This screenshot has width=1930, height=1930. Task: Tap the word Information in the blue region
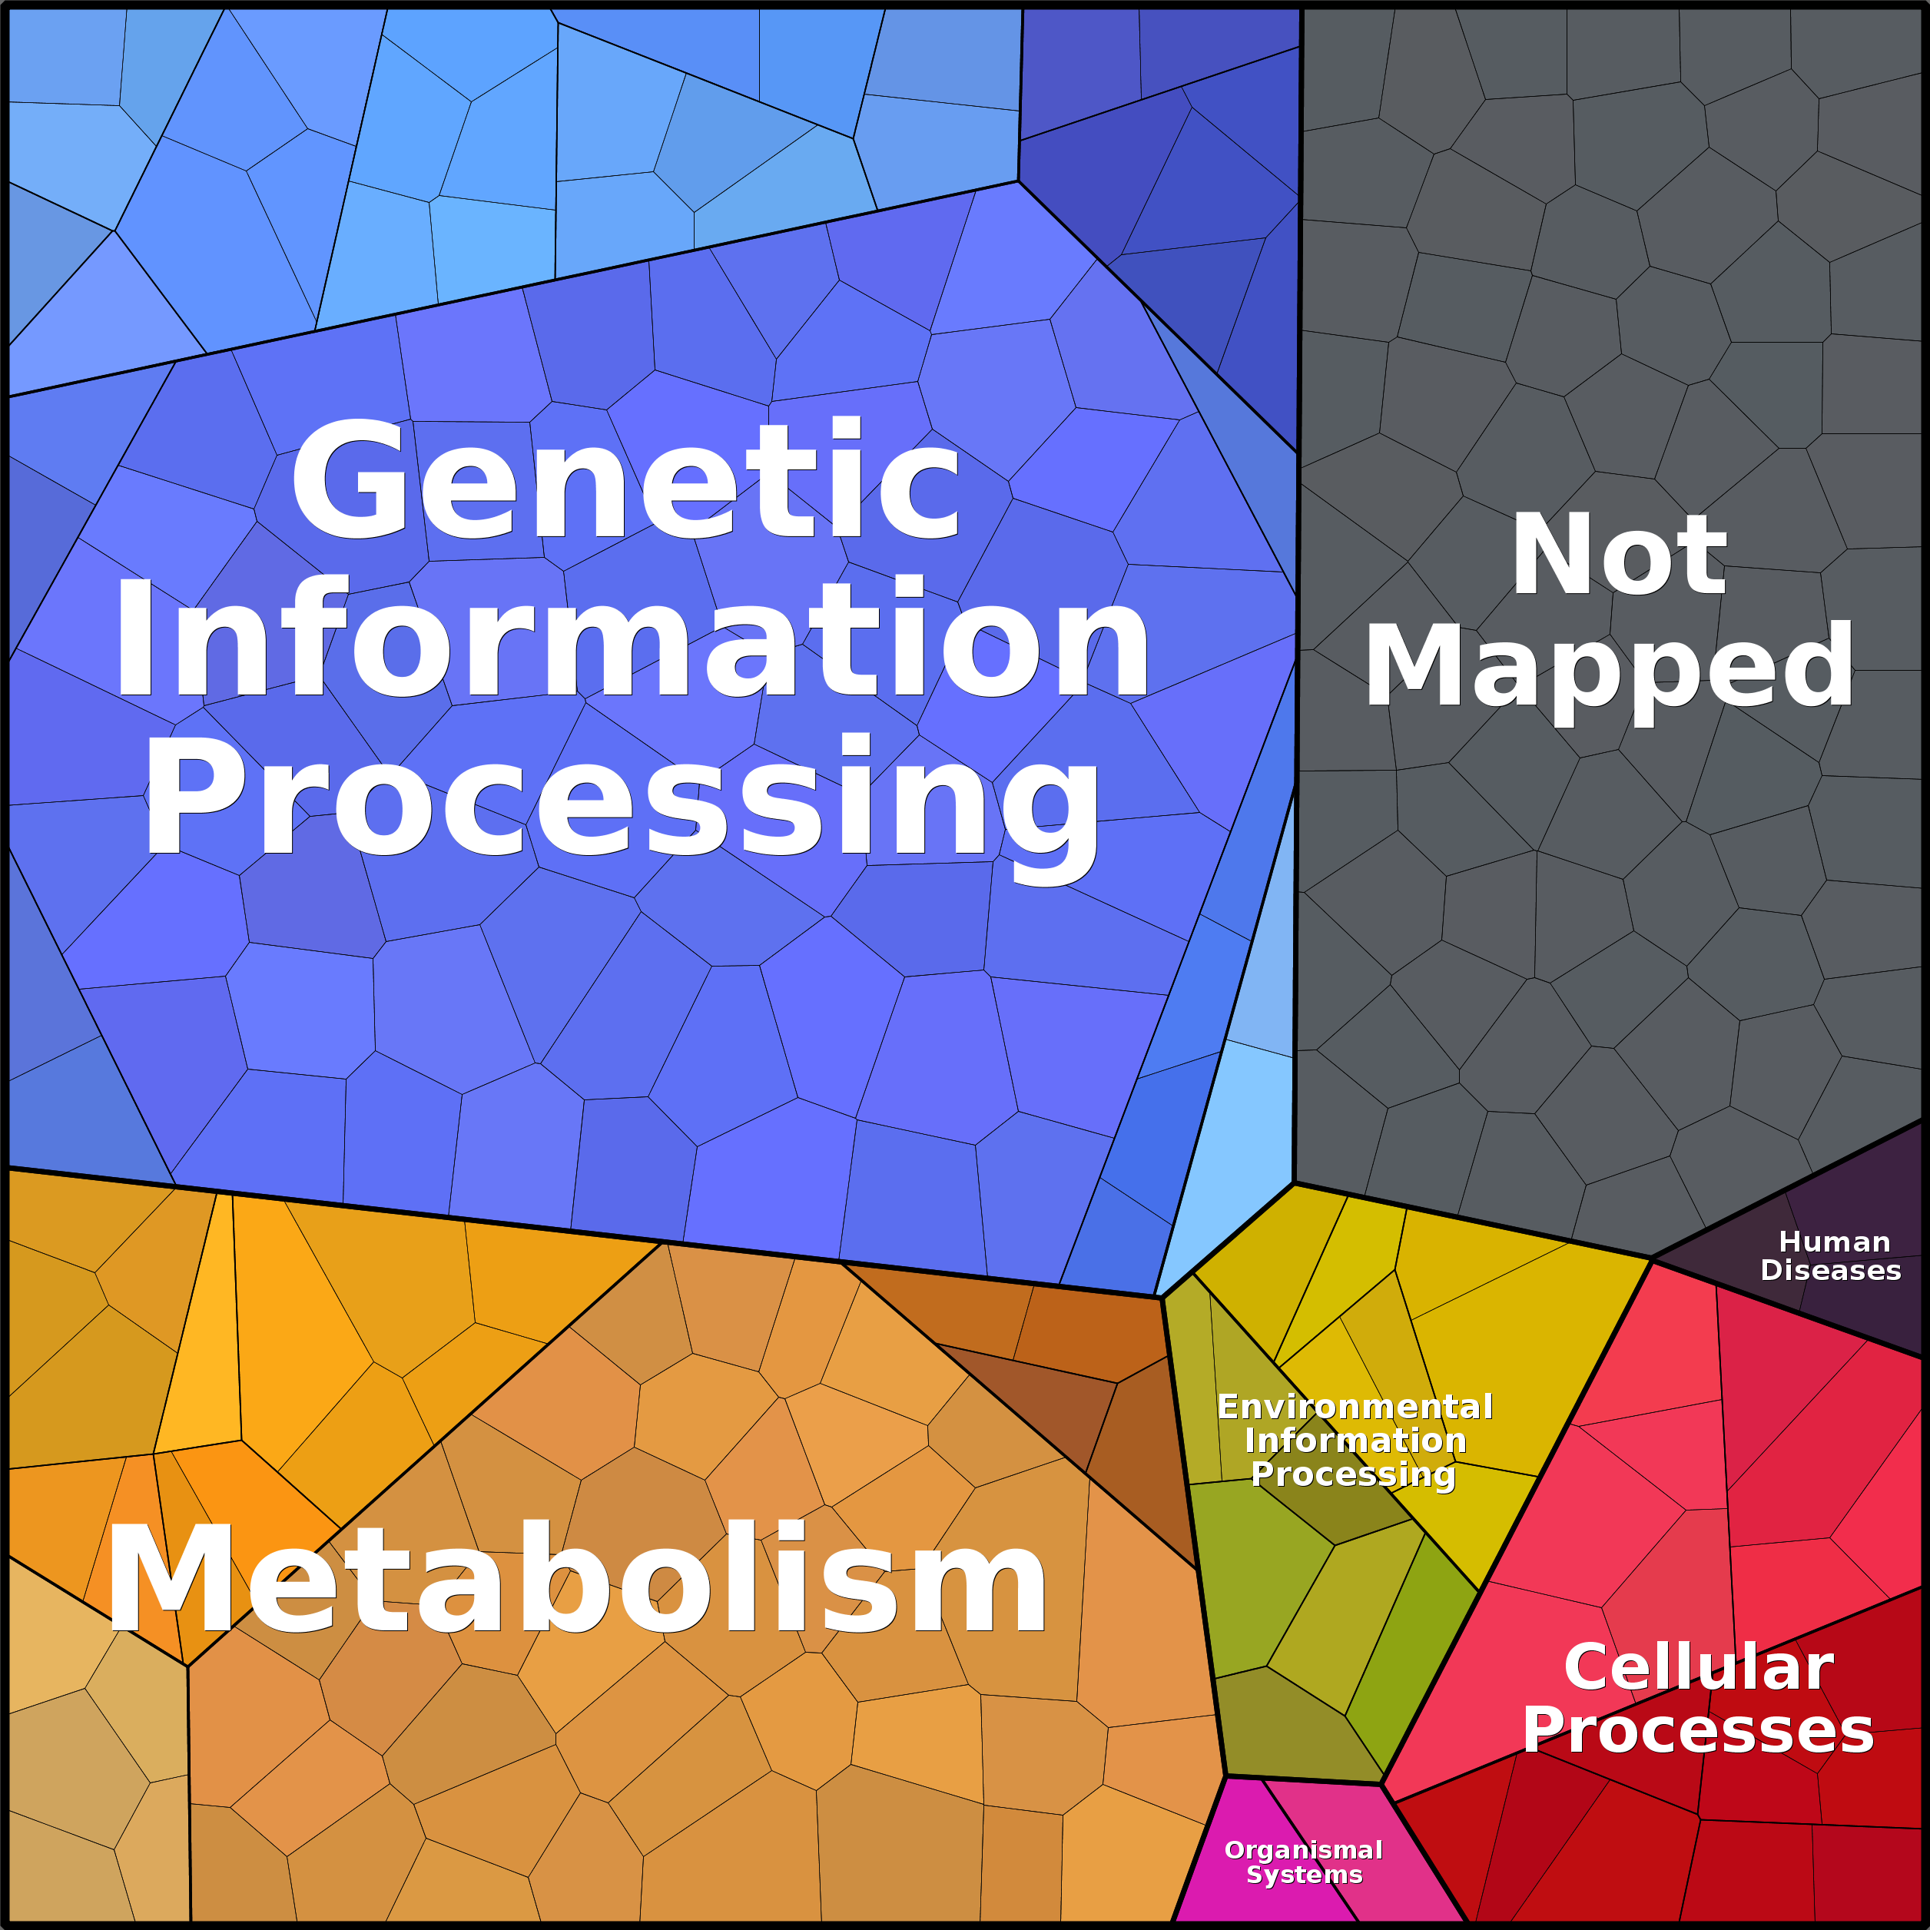point(632,639)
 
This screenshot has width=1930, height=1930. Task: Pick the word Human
point(1834,1242)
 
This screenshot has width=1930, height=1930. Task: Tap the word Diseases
point(1830,1270)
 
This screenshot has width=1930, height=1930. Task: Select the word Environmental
point(1355,1407)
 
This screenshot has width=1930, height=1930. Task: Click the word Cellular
point(1698,1667)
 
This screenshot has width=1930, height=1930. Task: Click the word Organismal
point(1304,1850)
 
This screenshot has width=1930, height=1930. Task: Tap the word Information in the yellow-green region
point(1355,1441)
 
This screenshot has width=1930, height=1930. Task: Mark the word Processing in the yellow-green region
point(1354,1474)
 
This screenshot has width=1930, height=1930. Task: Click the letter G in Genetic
point(350,479)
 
